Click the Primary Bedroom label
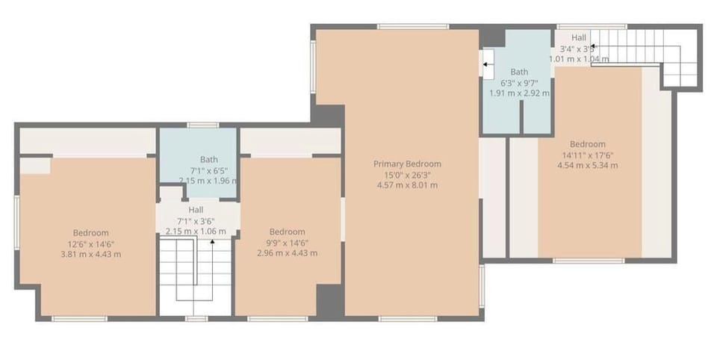[407, 164]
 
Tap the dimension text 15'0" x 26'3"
[407, 175]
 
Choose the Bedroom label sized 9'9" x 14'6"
[288, 232]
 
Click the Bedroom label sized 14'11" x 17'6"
[588, 144]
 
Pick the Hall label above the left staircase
[196, 210]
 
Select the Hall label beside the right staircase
[579, 37]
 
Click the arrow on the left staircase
[213, 243]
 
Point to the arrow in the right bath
[486, 65]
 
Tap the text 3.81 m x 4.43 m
[91, 254]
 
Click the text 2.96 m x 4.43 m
[288, 253]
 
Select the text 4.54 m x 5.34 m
[588, 165]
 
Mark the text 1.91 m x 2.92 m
[519, 93]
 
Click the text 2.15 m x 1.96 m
[208, 180]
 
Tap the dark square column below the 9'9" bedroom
[329, 300]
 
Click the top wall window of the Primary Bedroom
[412, 27]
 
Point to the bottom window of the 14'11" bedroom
[589, 261]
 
